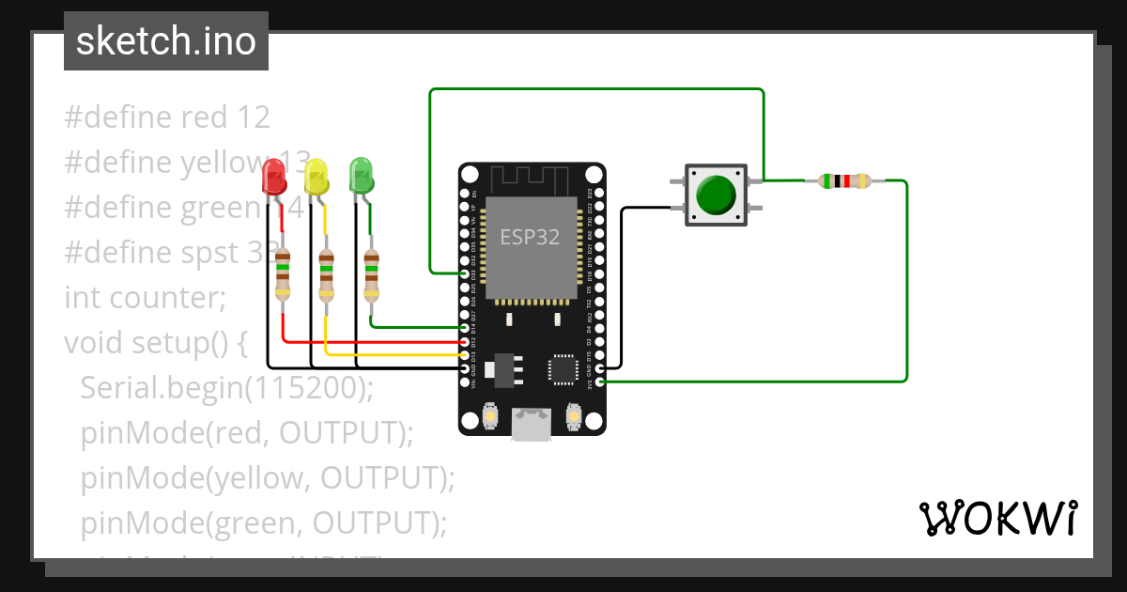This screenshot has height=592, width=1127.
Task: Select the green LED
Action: [x=361, y=175]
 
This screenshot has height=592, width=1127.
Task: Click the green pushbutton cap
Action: [x=717, y=195]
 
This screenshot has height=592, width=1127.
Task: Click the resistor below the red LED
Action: [x=283, y=273]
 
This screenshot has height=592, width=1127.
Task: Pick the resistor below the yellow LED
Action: [x=326, y=274]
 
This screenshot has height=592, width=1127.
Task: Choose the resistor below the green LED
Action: [x=371, y=273]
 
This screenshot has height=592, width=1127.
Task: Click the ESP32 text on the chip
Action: [x=530, y=238]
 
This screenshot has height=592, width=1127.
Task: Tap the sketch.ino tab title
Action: [x=166, y=41]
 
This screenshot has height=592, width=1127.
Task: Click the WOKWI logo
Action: [x=998, y=518]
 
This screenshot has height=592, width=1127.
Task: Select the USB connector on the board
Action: [x=531, y=424]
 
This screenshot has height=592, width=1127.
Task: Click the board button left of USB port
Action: [x=489, y=414]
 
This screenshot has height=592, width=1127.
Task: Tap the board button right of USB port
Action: [x=574, y=414]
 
